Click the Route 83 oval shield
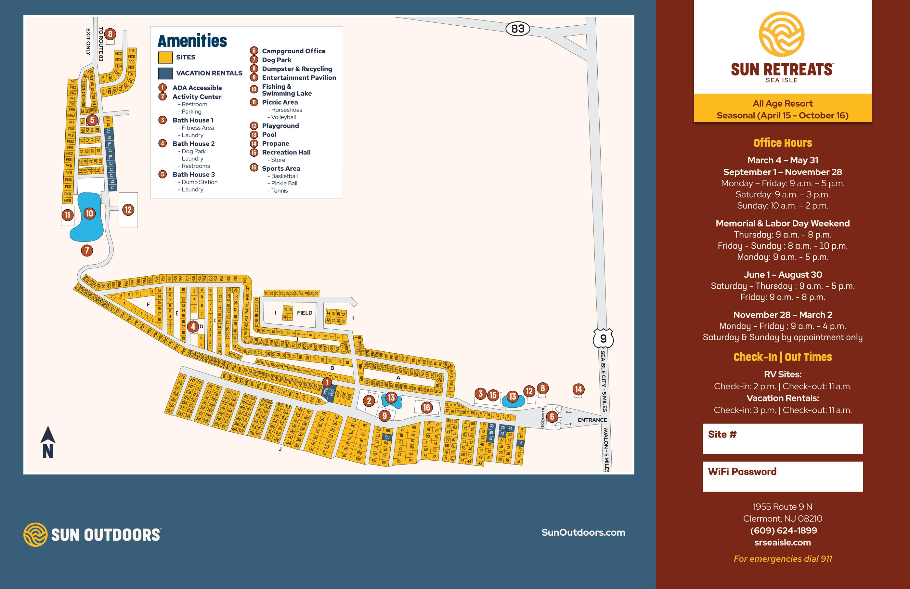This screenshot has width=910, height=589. tap(518, 29)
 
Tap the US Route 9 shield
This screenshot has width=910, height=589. tap(603, 338)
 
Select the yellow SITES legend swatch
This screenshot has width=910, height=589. tap(165, 57)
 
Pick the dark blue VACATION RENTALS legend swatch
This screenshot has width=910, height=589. tap(165, 73)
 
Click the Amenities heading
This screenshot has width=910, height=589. tap(192, 41)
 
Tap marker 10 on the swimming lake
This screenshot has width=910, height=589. tap(89, 214)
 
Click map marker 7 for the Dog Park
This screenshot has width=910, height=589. tap(87, 251)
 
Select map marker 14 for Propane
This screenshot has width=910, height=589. tap(578, 389)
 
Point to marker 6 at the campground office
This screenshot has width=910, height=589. tap(552, 416)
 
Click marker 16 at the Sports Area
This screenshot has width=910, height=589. tap(426, 407)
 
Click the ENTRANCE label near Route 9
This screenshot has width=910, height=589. tap(592, 420)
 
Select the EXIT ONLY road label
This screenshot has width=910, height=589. tap(88, 42)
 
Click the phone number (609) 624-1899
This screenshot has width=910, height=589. tap(783, 530)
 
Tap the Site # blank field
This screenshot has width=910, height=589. tap(782, 439)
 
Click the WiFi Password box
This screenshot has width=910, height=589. tap(782, 477)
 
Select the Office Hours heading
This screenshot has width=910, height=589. tap(782, 143)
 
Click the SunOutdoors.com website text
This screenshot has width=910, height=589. tap(583, 532)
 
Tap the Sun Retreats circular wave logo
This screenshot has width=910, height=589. tap(782, 34)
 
